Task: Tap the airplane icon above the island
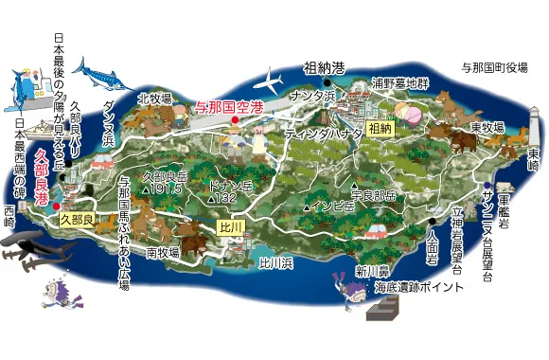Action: click(x=271, y=78)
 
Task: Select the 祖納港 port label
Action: click(x=324, y=68)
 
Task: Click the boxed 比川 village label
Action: click(x=231, y=227)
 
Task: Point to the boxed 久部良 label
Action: click(x=76, y=218)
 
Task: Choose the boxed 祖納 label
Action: click(x=379, y=127)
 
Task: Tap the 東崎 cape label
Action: click(x=534, y=164)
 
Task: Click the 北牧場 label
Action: click(x=153, y=98)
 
